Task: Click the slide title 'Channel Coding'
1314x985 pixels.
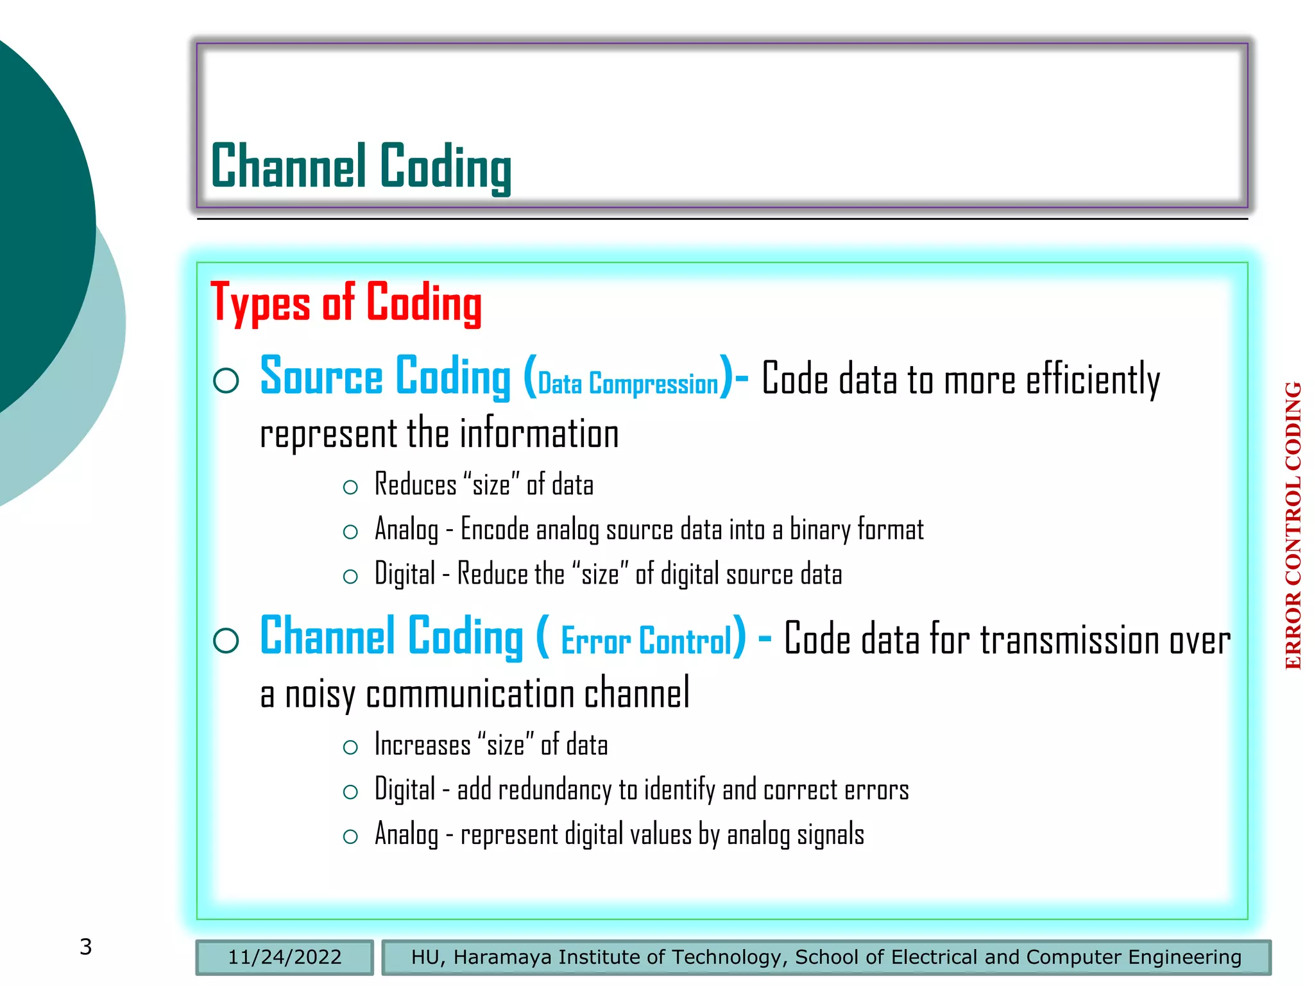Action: coord(361,167)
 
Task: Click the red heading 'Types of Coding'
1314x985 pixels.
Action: coord(346,303)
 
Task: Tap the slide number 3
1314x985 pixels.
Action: coord(86,947)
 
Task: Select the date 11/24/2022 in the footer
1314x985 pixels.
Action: coord(284,957)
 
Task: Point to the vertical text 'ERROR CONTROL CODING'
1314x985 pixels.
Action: coord(1293,526)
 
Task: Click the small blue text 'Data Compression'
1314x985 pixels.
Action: coord(627,383)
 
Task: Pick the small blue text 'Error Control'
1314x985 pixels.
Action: coord(646,641)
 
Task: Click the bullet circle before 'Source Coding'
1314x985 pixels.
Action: coord(226,380)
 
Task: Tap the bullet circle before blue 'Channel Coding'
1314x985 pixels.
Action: coord(226,640)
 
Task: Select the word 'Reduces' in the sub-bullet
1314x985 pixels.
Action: coord(415,485)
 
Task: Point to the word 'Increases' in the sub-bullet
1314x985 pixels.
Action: coord(422,745)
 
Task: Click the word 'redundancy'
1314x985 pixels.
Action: coord(554,790)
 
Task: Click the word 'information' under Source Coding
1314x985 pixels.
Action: coord(539,434)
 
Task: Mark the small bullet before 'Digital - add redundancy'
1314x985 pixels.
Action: coord(350,792)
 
